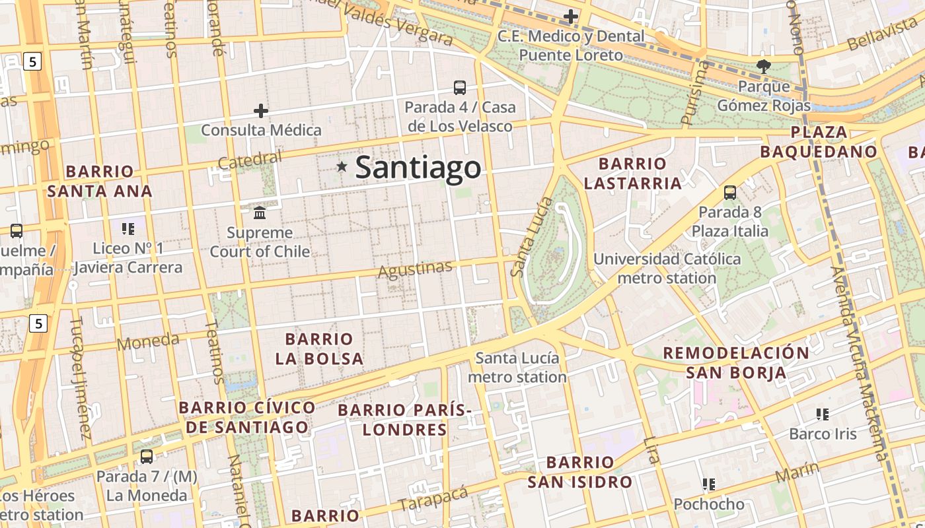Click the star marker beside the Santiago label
(x=342, y=167)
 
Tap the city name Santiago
(x=418, y=168)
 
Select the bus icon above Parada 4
(x=459, y=87)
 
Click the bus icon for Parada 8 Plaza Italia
(x=729, y=193)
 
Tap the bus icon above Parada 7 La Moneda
(x=147, y=456)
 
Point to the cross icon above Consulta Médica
(x=261, y=110)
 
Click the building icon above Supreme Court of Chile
(x=260, y=213)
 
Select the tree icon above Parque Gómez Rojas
(x=763, y=66)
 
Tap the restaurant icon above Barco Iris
(x=823, y=414)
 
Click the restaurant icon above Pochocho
(x=709, y=484)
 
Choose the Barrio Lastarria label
(x=632, y=174)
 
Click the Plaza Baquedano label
(x=819, y=142)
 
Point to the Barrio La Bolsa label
(x=319, y=349)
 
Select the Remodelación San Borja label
(x=736, y=362)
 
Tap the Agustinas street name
(x=415, y=269)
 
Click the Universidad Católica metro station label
(x=667, y=269)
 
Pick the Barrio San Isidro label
(x=579, y=472)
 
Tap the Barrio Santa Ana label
(x=99, y=181)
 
